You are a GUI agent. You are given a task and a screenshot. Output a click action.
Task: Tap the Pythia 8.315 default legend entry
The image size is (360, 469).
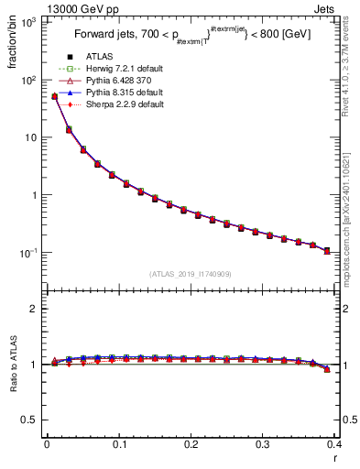pyautogui.click(x=125, y=104)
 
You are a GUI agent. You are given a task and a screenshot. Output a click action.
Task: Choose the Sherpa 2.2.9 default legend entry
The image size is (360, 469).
pyautogui.click(x=125, y=115)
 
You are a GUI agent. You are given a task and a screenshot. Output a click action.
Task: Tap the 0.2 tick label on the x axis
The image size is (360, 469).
pyautogui.click(x=191, y=444)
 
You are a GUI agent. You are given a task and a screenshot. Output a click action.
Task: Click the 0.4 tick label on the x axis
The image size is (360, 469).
pyautogui.click(x=334, y=444)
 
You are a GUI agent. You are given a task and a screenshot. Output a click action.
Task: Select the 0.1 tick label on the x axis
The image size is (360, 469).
pyautogui.click(x=119, y=444)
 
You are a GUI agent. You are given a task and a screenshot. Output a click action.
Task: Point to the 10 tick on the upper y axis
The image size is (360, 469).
pyautogui.click(x=31, y=137)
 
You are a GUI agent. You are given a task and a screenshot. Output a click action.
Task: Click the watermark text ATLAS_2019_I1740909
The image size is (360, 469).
pyautogui.click(x=191, y=273)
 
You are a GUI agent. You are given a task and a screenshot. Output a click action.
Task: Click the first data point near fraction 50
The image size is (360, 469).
pyautogui.click(x=54, y=96)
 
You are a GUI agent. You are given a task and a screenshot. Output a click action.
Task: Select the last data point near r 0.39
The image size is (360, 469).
pyautogui.click(x=327, y=250)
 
